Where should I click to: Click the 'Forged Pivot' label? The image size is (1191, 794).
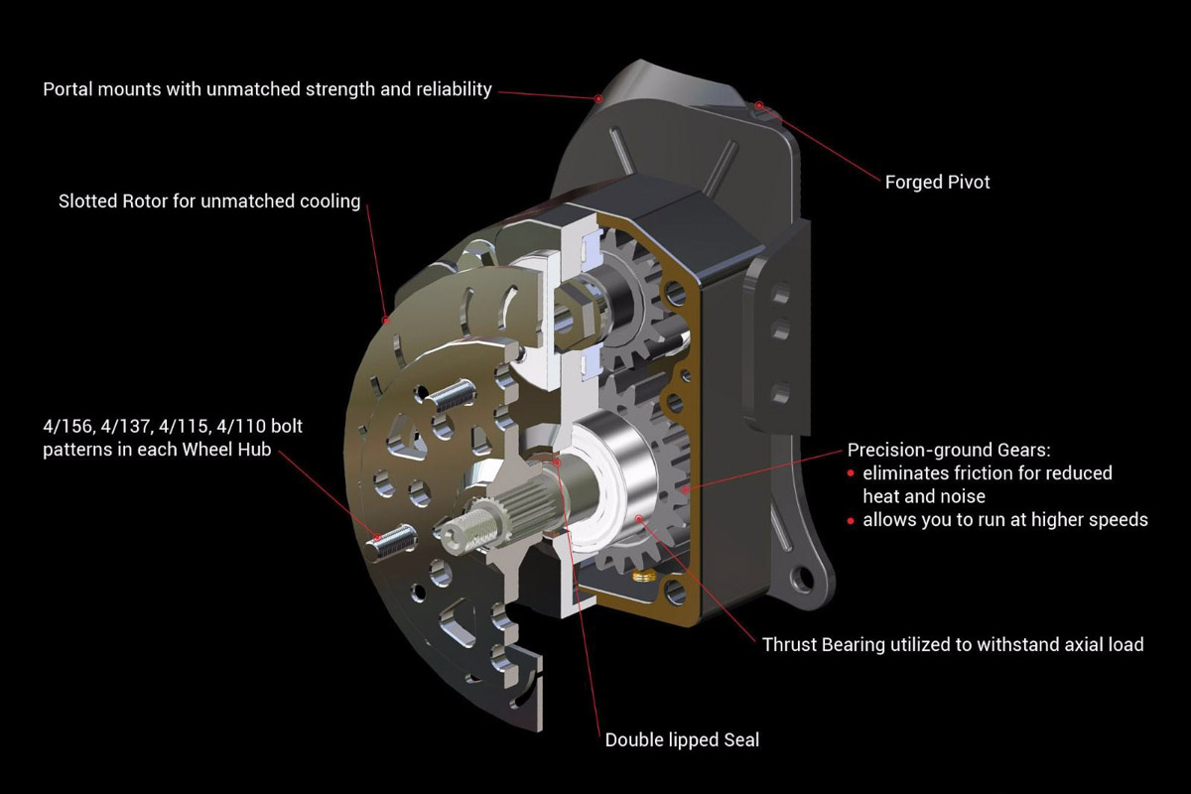[x=937, y=183]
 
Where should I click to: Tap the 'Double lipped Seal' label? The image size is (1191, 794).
[x=682, y=739]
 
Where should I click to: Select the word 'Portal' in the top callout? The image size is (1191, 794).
[x=67, y=88]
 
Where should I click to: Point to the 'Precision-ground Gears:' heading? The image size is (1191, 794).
[x=949, y=450]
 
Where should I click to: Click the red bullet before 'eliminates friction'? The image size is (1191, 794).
[x=852, y=473]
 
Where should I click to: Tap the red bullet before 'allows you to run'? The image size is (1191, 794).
[x=852, y=520]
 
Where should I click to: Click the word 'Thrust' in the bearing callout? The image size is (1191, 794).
[x=790, y=644]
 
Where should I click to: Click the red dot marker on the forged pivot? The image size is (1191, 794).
[x=759, y=105]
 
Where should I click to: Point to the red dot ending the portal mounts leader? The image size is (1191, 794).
[x=598, y=98]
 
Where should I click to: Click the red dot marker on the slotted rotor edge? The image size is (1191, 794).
[x=386, y=321]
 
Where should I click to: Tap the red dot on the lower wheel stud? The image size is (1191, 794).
[x=377, y=537]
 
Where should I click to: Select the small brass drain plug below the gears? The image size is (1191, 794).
[x=642, y=576]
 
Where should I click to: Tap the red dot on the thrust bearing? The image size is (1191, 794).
[x=639, y=517]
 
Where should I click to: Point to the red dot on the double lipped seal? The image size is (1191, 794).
[x=557, y=462]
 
